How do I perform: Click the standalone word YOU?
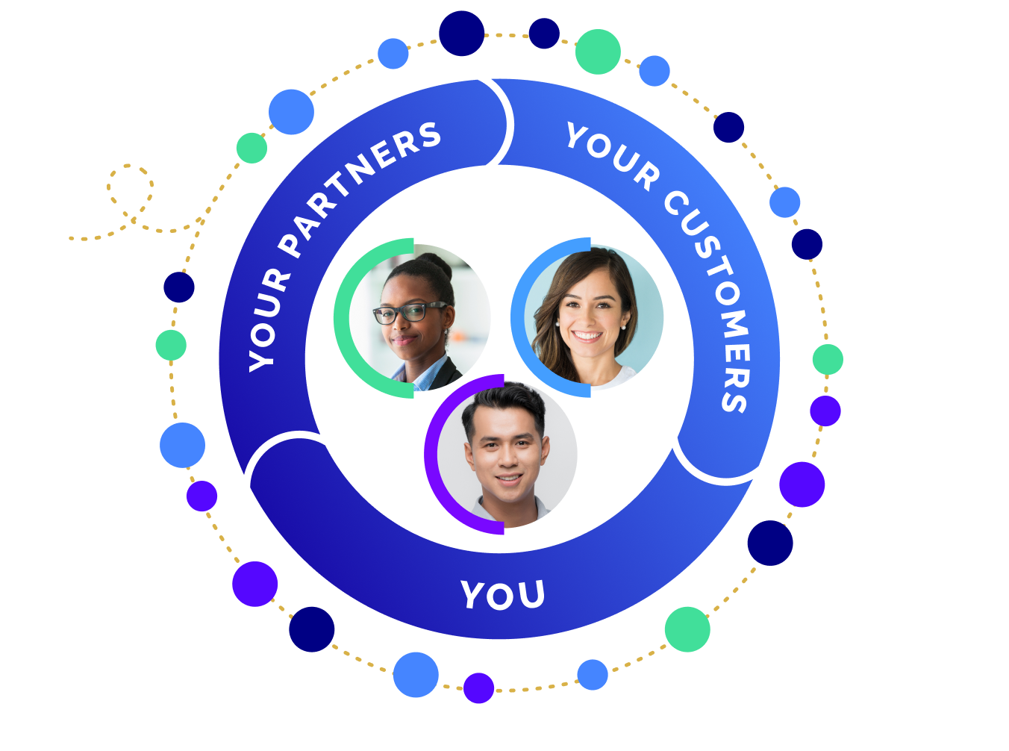point(502,595)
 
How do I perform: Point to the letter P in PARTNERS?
point(292,243)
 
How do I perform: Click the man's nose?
point(507,455)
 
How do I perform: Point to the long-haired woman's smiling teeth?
point(587,336)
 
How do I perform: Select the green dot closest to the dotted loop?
point(252,148)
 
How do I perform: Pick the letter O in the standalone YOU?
point(502,596)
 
